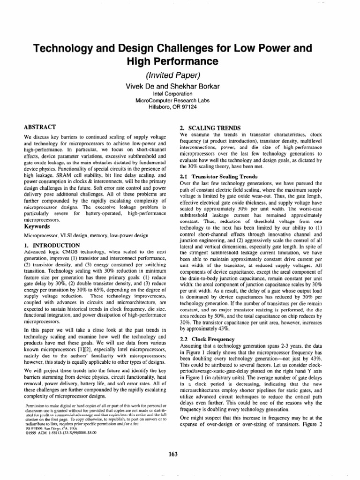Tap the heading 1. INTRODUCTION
pos(52,245)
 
